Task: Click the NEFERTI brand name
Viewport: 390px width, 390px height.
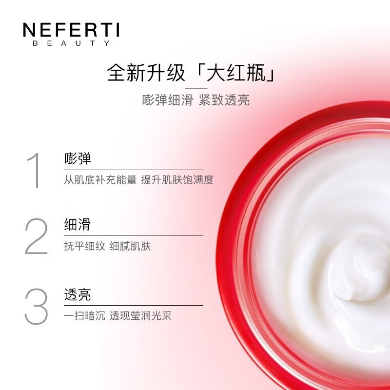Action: point(71,31)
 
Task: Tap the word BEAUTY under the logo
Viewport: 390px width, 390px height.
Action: point(71,43)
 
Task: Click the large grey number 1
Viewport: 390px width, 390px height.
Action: point(33,171)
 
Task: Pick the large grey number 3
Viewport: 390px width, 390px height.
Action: point(36,306)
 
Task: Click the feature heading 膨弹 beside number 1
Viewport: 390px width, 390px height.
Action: point(78,158)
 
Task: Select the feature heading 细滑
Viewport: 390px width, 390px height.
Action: point(78,225)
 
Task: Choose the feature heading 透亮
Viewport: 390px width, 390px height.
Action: point(78,295)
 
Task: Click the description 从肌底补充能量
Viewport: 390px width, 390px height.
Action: point(100,180)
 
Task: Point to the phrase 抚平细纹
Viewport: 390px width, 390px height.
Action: point(84,246)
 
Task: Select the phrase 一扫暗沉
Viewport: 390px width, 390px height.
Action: point(84,316)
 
